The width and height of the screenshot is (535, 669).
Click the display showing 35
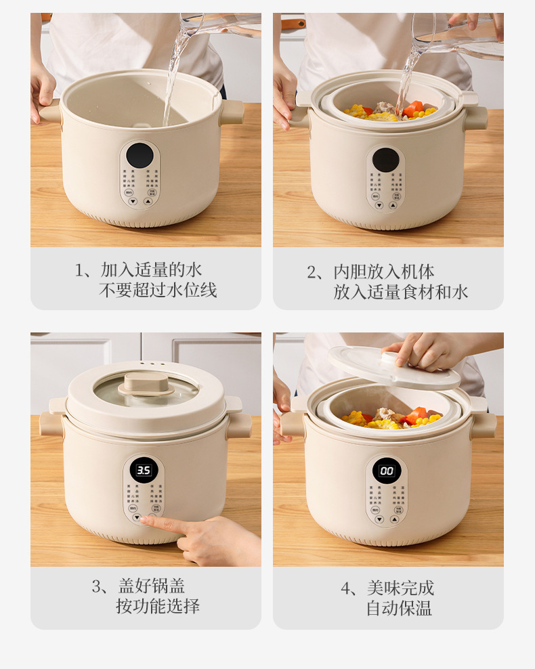144,470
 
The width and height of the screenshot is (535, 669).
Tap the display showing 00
387,471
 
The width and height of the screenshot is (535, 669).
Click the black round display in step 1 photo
140,156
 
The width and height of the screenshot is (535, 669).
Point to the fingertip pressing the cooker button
145,520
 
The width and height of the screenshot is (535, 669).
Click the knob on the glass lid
146,384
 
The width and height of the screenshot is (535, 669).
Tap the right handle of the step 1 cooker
232,112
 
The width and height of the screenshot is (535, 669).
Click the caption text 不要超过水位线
158,291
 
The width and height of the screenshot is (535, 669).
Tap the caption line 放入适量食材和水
400,293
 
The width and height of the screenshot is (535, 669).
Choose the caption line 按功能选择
158,606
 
